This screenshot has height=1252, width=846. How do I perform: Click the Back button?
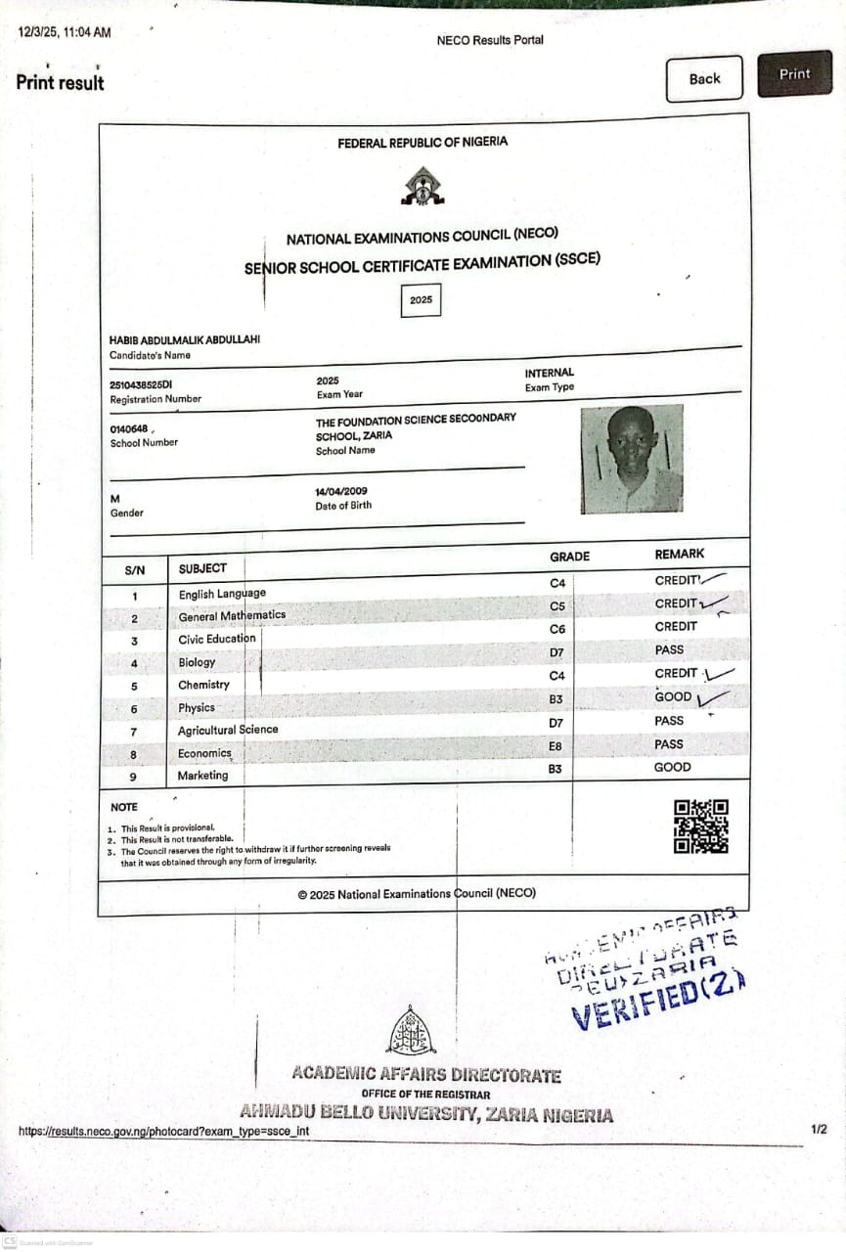(704, 79)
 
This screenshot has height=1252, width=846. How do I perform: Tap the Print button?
(794, 74)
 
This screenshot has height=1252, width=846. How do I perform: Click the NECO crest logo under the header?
(422, 186)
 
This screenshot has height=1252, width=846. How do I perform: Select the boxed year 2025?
(422, 300)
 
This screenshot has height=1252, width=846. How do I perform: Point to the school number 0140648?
(129, 428)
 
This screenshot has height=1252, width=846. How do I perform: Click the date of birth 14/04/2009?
(341, 491)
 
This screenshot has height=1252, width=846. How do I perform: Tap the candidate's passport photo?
(631, 459)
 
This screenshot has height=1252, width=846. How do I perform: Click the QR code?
(701, 827)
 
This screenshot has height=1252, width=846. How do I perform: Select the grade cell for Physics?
(556, 699)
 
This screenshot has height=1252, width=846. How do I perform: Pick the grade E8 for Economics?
(556, 746)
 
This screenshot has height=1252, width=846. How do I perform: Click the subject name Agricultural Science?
(228, 730)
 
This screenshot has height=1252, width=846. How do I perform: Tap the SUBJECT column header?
(202, 568)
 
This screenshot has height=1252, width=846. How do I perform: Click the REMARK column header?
(679, 554)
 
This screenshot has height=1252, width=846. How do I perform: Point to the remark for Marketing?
(672, 768)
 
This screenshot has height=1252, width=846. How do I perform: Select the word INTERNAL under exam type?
(550, 373)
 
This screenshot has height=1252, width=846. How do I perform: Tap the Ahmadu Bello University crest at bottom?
(412, 1031)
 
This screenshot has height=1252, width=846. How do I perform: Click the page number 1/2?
(819, 1130)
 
